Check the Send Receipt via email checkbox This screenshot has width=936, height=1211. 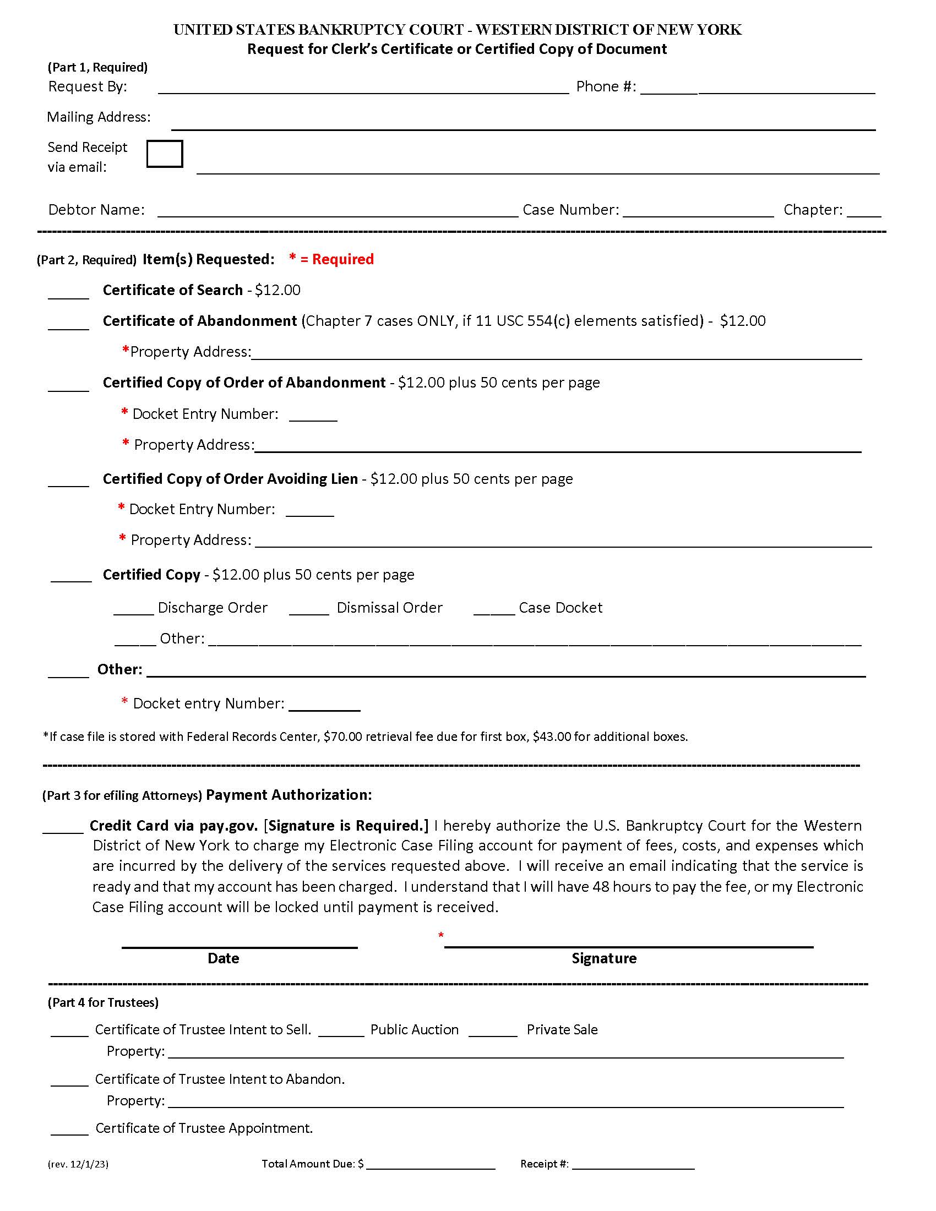point(165,154)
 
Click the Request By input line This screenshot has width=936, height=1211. point(363,89)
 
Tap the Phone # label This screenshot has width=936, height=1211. point(606,86)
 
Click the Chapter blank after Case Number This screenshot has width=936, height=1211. point(863,211)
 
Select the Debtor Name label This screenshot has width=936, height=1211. point(96,210)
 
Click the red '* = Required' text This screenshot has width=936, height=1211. point(331,259)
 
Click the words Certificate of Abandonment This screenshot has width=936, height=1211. point(200,321)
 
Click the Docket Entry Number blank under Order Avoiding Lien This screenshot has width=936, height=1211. point(309,511)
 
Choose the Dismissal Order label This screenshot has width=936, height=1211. point(389,608)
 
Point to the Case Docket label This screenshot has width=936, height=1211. point(560,608)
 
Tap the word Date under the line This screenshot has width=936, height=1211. point(223,958)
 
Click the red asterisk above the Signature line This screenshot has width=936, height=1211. point(441,935)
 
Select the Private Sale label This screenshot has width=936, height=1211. point(562,1030)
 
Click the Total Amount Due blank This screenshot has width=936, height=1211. point(431,1164)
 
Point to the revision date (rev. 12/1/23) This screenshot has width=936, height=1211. point(78,1164)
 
